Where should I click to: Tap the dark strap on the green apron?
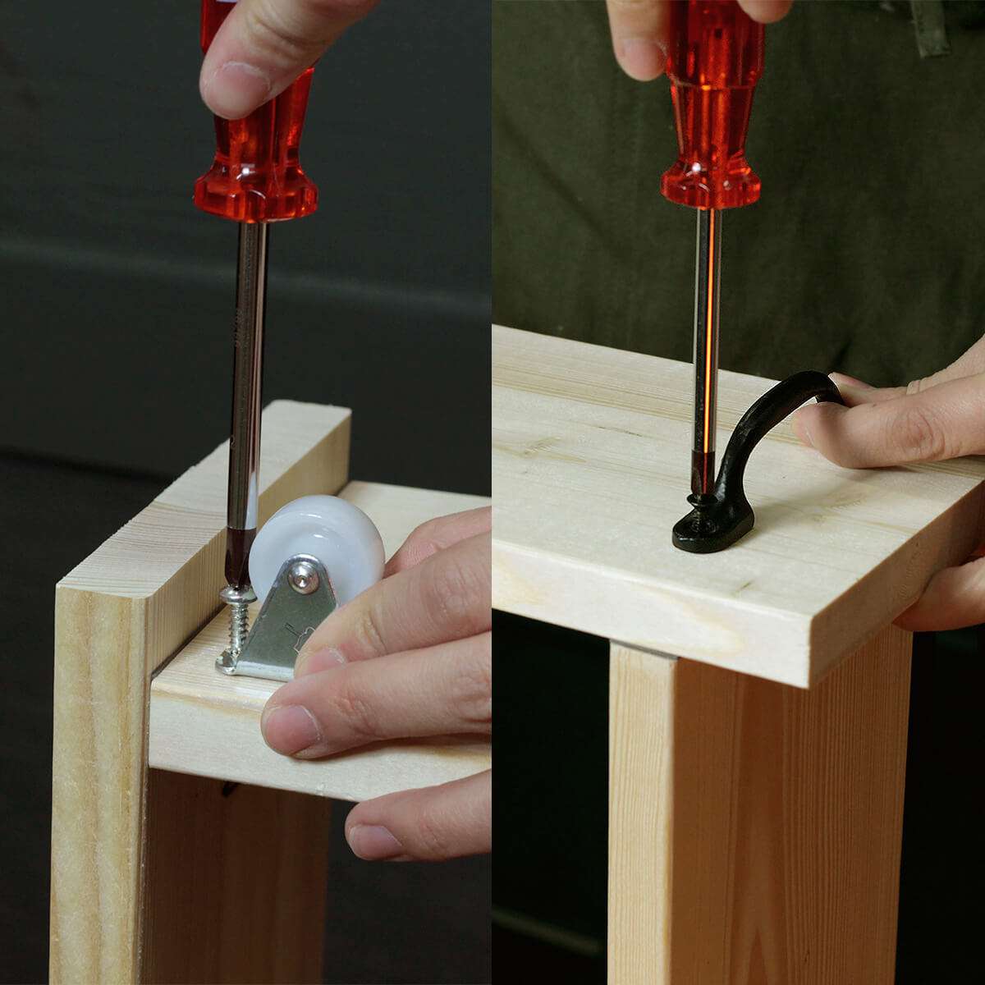(x=930, y=29)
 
